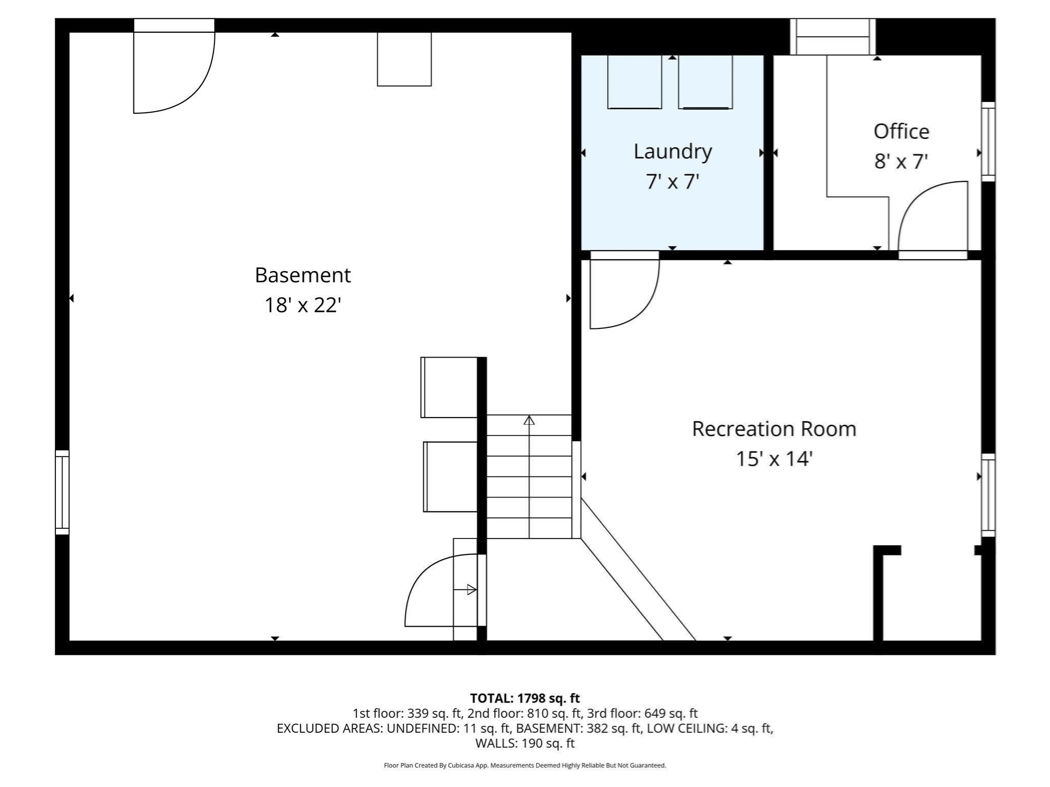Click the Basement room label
tap(302, 275)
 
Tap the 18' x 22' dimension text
tap(302, 305)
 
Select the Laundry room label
tap(673, 152)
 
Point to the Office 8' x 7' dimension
tap(901, 162)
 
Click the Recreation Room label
tap(774, 429)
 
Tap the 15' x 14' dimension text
tap(774, 459)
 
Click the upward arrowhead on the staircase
tap(529, 421)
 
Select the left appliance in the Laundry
tap(634, 82)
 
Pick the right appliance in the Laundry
tap(705, 82)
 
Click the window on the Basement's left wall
tap(62, 492)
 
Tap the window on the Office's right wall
tap(988, 141)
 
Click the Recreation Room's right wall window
tap(988, 495)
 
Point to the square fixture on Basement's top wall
tap(404, 59)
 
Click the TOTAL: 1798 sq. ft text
tap(524, 698)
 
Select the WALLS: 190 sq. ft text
tap(524, 743)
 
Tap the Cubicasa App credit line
tap(524, 765)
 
